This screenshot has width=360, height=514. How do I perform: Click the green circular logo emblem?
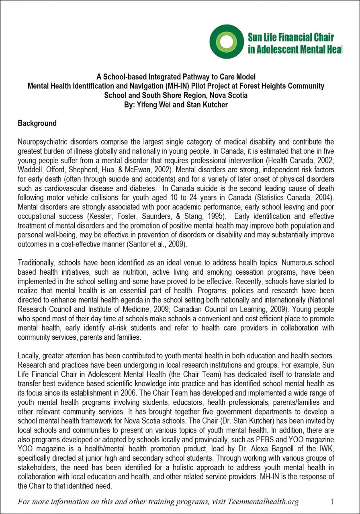(x=227, y=42)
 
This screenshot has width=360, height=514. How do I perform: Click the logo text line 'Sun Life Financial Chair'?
(x=290, y=37)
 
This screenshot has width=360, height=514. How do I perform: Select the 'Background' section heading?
(x=37, y=123)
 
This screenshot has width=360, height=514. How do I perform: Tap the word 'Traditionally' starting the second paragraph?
(x=37, y=263)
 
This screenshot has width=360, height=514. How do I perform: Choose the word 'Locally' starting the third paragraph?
(x=29, y=355)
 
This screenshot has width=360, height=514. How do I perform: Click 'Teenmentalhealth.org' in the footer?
(x=263, y=502)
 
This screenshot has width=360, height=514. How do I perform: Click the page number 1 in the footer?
(x=332, y=502)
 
